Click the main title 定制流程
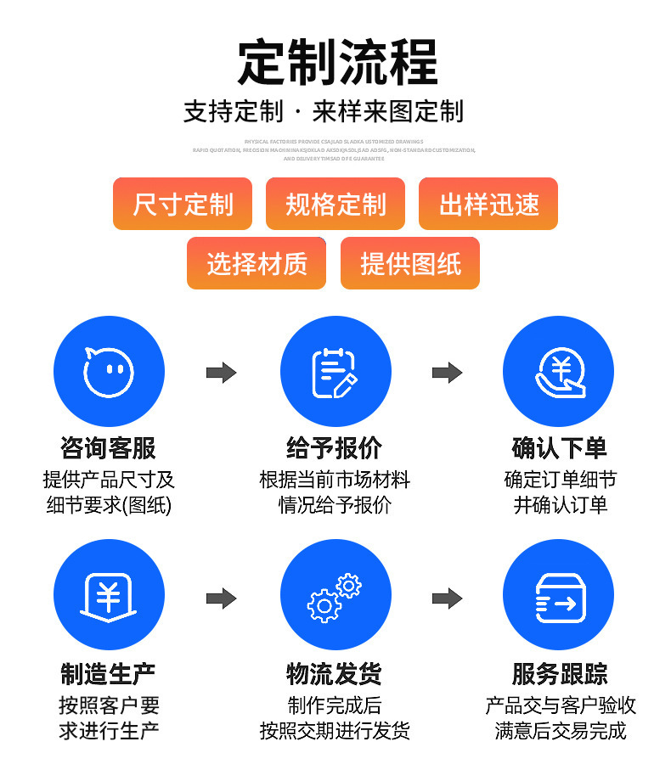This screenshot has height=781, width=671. click(x=337, y=62)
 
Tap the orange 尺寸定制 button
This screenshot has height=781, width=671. click(x=183, y=204)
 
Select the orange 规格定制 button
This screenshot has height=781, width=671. click(x=335, y=204)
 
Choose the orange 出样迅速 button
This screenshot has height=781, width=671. click(x=488, y=204)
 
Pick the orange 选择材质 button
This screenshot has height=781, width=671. click(x=257, y=263)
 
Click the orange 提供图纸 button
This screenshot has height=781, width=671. click(x=410, y=263)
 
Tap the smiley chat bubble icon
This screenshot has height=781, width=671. click(x=109, y=372)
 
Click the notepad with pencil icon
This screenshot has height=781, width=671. click(x=335, y=372)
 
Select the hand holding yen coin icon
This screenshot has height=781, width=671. click(x=558, y=372)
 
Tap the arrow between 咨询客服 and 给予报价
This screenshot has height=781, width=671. click(x=222, y=373)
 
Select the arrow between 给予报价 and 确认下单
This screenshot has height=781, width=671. click(x=447, y=373)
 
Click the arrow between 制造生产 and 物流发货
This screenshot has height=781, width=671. click(x=222, y=598)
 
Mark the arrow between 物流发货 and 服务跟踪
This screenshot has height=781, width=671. click(x=447, y=598)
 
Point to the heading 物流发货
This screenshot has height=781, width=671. click(x=335, y=674)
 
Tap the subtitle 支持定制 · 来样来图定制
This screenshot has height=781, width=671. click(x=324, y=111)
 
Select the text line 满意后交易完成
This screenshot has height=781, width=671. click(x=561, y=731)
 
